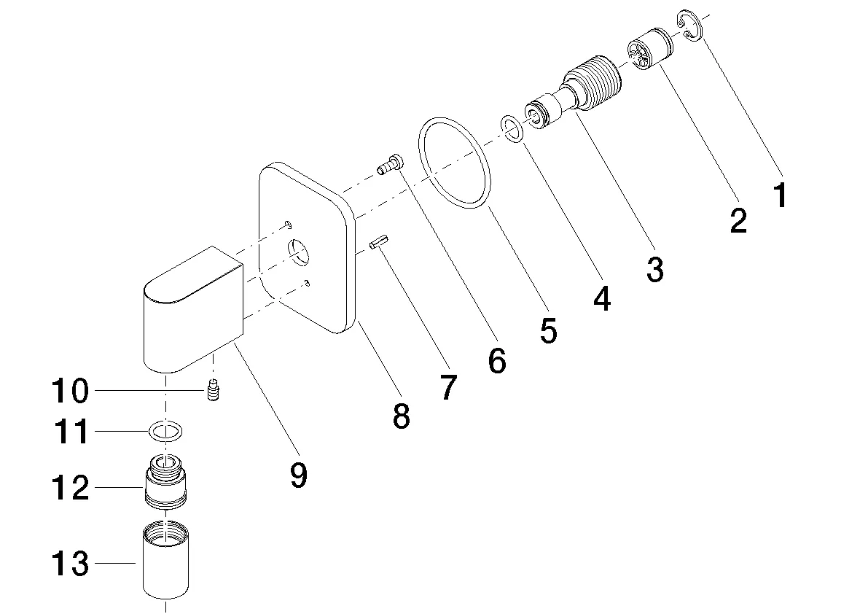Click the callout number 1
pos(780,195)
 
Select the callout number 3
pos(654,269)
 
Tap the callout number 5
pos(548,330)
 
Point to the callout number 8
pos(400,416)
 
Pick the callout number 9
pos(297,475)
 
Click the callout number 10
pos(70,392)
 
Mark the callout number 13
pos(70,564)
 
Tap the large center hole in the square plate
pos(299,252)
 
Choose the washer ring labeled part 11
pos(165,432)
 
